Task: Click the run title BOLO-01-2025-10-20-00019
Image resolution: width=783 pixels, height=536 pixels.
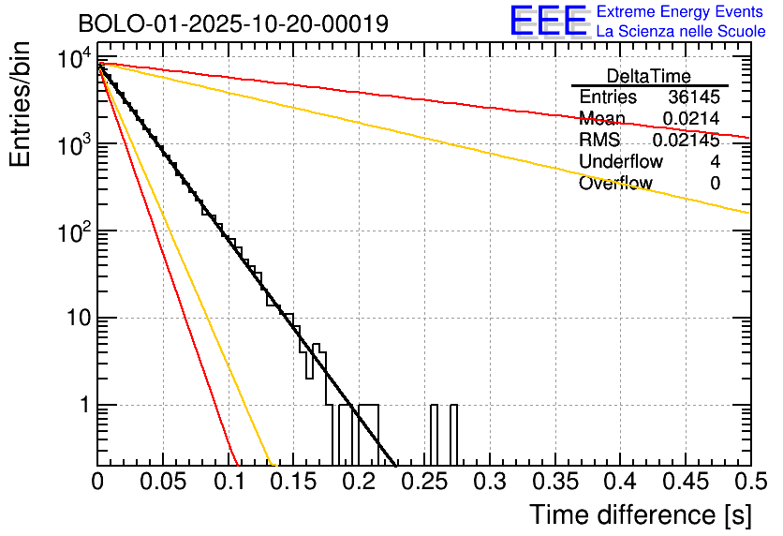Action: pos(233,23)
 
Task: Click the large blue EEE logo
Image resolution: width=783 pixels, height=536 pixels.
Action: pos(548,21)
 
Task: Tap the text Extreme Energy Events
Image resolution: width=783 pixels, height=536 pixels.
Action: pos(681,12)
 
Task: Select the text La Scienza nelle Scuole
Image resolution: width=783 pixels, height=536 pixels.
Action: pos(681,31)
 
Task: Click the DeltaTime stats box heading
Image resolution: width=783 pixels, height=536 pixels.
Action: pos(649,76)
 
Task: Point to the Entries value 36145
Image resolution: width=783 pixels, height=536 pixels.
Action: pos(694,97)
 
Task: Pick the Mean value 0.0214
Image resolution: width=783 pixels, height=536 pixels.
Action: pos(690,119)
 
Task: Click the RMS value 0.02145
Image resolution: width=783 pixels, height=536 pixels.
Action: pos(686,141)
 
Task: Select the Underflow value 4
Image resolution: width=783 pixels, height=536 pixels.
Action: pos(715,162)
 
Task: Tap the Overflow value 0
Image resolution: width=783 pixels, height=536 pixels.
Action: pos(715,184)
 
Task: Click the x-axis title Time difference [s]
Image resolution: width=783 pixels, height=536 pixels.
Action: pos(640,514)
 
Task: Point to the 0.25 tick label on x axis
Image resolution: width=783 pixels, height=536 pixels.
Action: pos(424,482)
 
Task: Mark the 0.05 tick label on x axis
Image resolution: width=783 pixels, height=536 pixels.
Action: pos(163,482)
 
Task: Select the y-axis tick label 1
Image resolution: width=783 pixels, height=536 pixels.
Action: pos(82,406)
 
